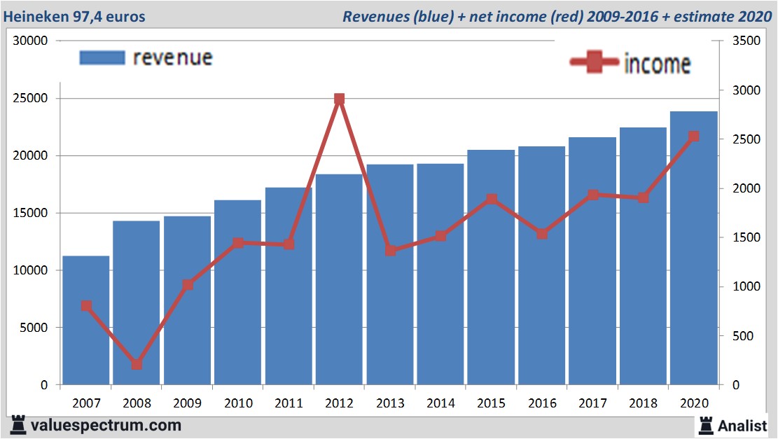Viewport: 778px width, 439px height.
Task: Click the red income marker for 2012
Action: [340, 99]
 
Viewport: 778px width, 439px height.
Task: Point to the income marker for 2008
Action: [137, 364]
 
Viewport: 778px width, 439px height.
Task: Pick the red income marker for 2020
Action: [693, 137]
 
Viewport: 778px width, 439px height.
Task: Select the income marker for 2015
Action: [492, 199]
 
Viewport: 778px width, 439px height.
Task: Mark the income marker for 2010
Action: [238, 243]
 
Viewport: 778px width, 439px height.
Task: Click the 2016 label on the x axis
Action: [542, 403]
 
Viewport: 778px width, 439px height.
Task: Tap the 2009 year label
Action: [188, 403]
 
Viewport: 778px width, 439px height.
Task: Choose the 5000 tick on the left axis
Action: [34, 328]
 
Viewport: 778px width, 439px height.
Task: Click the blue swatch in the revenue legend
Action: [102, 57]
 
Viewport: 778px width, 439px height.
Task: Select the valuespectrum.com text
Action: [106, 424]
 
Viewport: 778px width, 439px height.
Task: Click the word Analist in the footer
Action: [742, 424]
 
